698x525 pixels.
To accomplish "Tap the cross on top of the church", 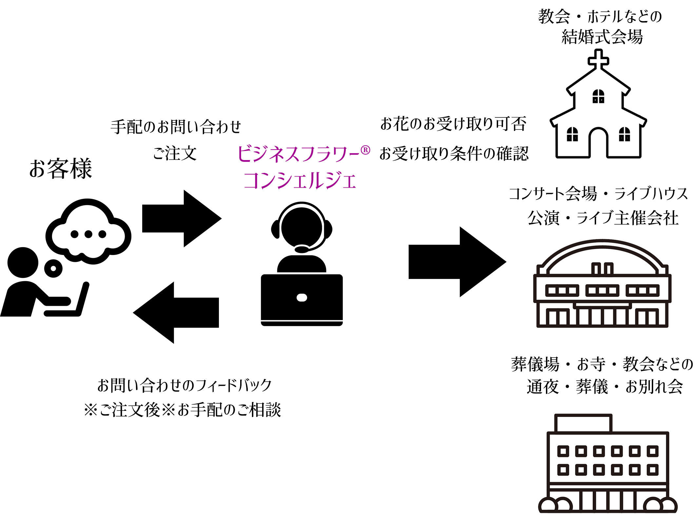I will pos(598,59).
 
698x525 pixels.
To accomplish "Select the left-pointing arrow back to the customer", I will pos(176,312).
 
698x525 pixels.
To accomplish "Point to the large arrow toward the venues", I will pos(457,262).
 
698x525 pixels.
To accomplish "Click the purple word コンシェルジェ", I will pos(300,181).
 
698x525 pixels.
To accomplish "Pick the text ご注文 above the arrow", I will pos(175,153).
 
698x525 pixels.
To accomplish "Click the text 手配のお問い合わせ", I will pos(176,127).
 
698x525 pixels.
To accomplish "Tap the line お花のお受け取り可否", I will pos(453,124).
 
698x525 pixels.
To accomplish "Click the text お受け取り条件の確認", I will pos(454,153).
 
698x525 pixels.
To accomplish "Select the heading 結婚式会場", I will pos(602,36).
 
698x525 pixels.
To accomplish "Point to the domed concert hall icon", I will pos(602,284).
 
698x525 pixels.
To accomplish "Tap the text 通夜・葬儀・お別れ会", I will pos(605,387).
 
